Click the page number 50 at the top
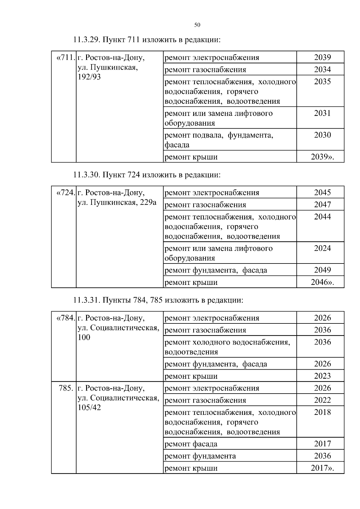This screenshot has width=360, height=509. click(x=197, y=25)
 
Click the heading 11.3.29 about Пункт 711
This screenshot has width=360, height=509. click(x=147, y=40)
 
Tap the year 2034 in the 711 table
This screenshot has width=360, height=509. click(x=322, y=70)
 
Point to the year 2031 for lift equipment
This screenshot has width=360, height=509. click(x=322, y=113)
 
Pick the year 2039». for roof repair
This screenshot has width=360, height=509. click(x=322, y=157)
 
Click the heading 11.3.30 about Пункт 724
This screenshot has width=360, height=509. click(x=147, y=175)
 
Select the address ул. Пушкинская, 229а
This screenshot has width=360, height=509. click(x=117, y=202)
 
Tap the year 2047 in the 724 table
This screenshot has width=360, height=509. click(x=322, y=205)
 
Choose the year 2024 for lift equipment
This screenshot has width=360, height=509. click(x=322, y=248)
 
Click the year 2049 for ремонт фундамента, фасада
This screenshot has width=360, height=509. click(x=322, y=270)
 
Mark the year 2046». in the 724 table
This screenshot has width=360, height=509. click(x=322, y=282)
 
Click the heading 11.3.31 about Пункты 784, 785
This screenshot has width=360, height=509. click(x=158, y=300)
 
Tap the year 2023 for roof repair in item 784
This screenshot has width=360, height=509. click(x=322, y=376)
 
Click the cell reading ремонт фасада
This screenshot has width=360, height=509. click(x=191, y=444)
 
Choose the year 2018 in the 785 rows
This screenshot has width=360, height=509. click(x=322, y=412)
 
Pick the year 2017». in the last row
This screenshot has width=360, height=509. click(x=322, y=468)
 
